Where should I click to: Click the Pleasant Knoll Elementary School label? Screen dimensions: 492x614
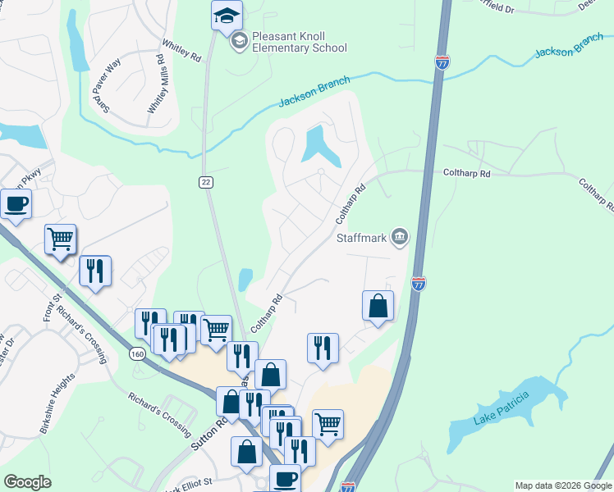tap(299, 42)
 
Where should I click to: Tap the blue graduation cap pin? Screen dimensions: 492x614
tap(226, 16)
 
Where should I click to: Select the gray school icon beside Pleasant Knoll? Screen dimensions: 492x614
tap(239, 41)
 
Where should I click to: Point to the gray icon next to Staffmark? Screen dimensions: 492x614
tap(400, 238)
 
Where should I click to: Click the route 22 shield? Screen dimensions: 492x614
tap(205, 181)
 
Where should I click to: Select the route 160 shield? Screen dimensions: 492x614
tap(137, 353)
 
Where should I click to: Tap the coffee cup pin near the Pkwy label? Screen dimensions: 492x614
tap(16, 204)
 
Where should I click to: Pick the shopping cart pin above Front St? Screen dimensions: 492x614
tap(60, 239)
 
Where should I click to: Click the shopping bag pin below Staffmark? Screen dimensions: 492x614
tap(378, 306)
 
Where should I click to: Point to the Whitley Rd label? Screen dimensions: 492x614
tap(181, 55)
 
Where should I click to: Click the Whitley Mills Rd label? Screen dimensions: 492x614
tap(157, 84)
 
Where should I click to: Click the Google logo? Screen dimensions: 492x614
tap(27, 482)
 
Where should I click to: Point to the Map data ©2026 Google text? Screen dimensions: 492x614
tap(562, 485)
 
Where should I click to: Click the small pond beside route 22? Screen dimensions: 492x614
tap(245, 280)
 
